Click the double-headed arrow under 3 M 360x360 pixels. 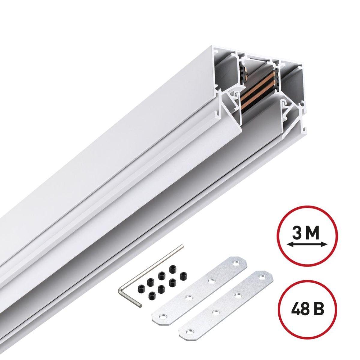pos(306,245)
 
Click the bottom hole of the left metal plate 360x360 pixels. pos(162,316)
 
